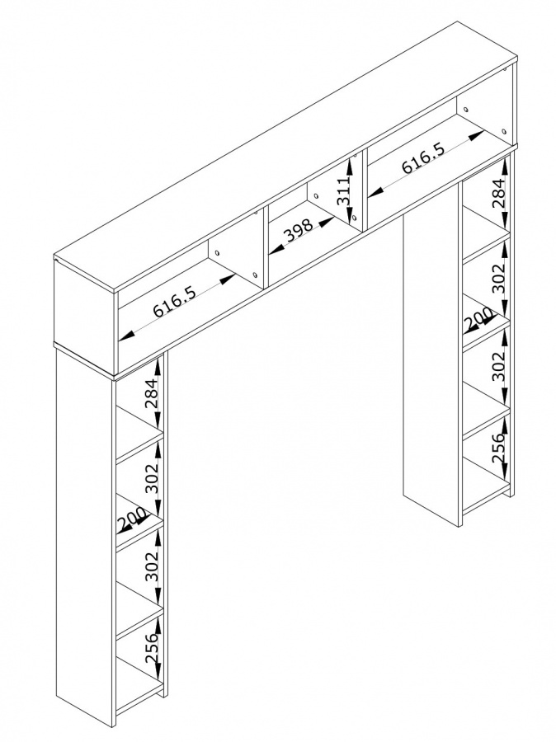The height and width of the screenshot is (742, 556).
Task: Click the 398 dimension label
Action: [299, 231]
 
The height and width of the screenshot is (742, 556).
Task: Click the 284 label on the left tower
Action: [152, 395]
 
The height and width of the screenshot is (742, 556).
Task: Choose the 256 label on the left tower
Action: [152, 647]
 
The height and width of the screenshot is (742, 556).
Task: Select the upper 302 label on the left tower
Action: [152, 479]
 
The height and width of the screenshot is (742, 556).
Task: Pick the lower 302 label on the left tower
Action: [152, 566]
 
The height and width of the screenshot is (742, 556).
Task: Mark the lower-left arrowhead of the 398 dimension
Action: [276, 251]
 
